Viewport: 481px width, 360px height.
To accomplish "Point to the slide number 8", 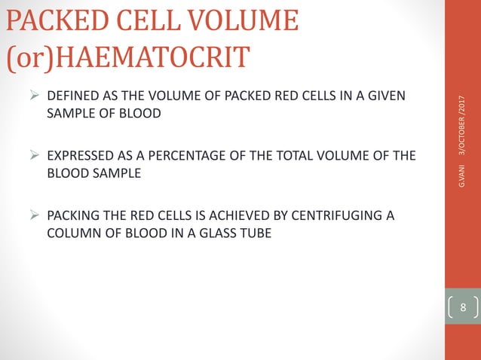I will [x=463, y=307].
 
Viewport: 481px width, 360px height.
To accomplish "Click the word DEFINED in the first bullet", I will [x=71, y=97].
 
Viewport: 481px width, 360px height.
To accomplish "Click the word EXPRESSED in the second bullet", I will [x=78, y=157].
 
